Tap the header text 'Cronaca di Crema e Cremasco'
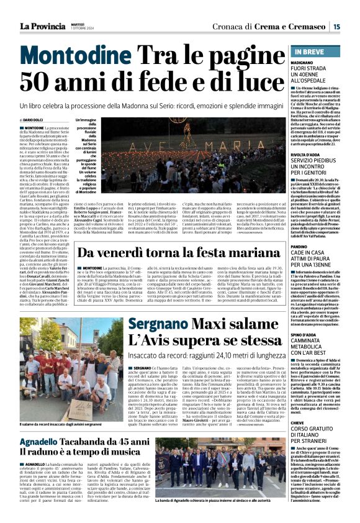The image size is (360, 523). coord(279,25)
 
